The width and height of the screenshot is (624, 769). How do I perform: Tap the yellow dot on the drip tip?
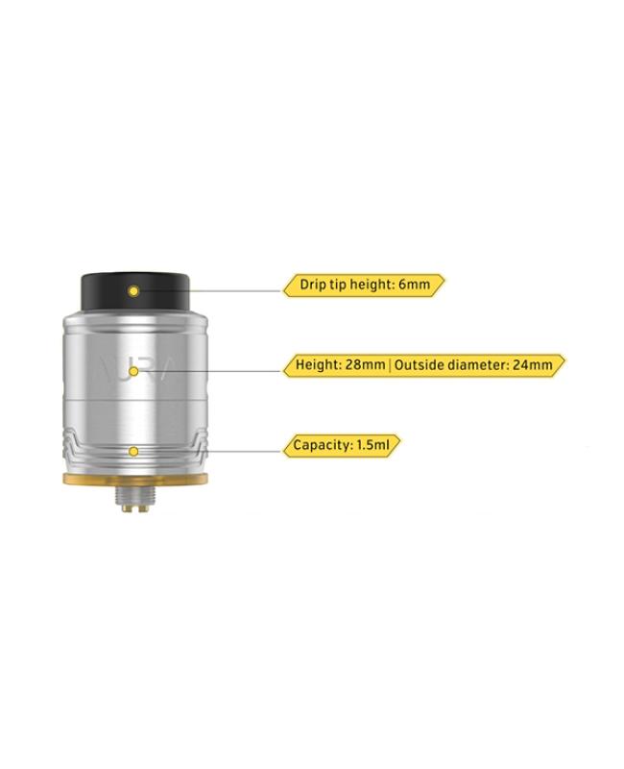pos(133,291)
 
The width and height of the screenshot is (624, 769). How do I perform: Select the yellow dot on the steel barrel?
pos(133,371)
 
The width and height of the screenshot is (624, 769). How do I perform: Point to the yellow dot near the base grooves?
pos(133,451)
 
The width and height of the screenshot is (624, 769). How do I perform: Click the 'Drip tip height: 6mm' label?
pos(364,285)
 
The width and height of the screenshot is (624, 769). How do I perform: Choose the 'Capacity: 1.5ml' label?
pos(342,445)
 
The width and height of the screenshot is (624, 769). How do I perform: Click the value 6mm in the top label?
pos(414,285)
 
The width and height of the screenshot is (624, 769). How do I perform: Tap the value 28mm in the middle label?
pos(365,365)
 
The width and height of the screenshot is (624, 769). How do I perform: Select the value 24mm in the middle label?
pos(533,365)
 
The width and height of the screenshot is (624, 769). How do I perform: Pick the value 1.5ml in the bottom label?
pos(373,445)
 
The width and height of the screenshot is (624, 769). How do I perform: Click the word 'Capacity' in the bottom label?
pos(323,446)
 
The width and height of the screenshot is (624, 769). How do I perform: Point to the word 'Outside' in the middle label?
pos(416,365)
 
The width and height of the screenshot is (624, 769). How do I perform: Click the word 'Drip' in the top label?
pos(313,285)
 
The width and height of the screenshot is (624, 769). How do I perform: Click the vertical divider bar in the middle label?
pos(390,365)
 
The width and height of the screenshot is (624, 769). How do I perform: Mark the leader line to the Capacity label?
pos(210,451)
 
